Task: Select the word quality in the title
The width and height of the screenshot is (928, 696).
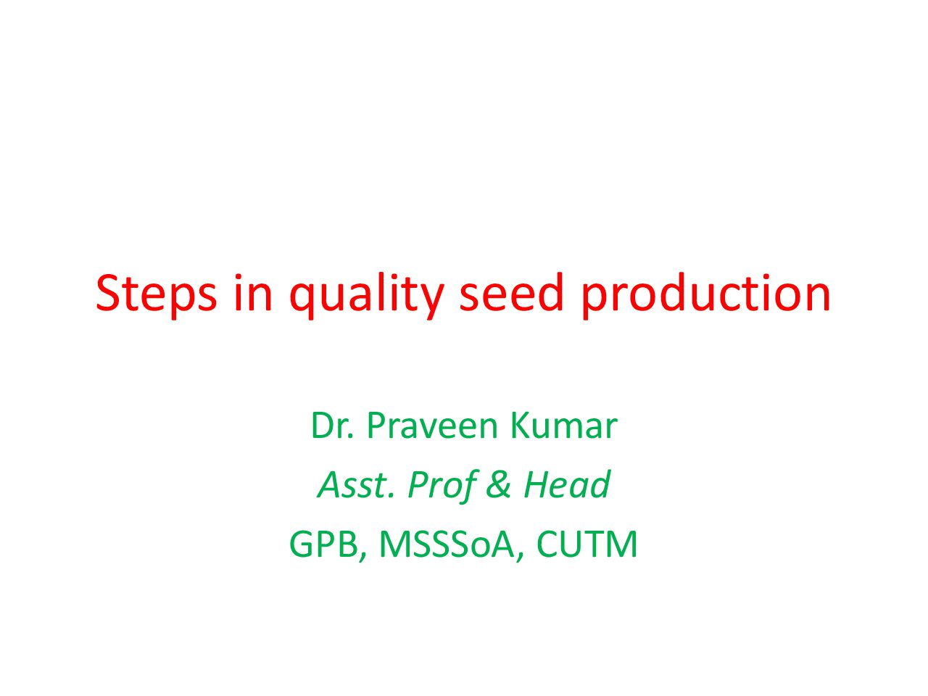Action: (x=366, y=296)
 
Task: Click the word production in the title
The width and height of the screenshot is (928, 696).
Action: (x=705, y=295)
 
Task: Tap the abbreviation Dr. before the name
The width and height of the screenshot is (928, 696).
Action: (x=332, y=426)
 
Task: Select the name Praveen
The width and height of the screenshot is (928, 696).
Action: (x=432, y=426)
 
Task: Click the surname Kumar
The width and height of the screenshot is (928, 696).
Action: (x=563, y=425)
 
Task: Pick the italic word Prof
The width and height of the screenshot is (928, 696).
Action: (x=442, y=486)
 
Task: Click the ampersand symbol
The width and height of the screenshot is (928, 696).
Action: (x=498, y=485)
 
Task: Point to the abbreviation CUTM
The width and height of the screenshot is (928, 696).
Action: (x=587, y=544)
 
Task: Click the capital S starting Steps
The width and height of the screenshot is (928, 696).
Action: (x=108, y=294)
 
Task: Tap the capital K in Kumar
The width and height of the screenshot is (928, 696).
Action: (x=521, y=426)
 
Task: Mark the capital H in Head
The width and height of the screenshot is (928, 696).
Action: (x=538, y=485)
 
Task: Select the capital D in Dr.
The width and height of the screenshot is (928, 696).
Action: (x=323, y=426)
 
